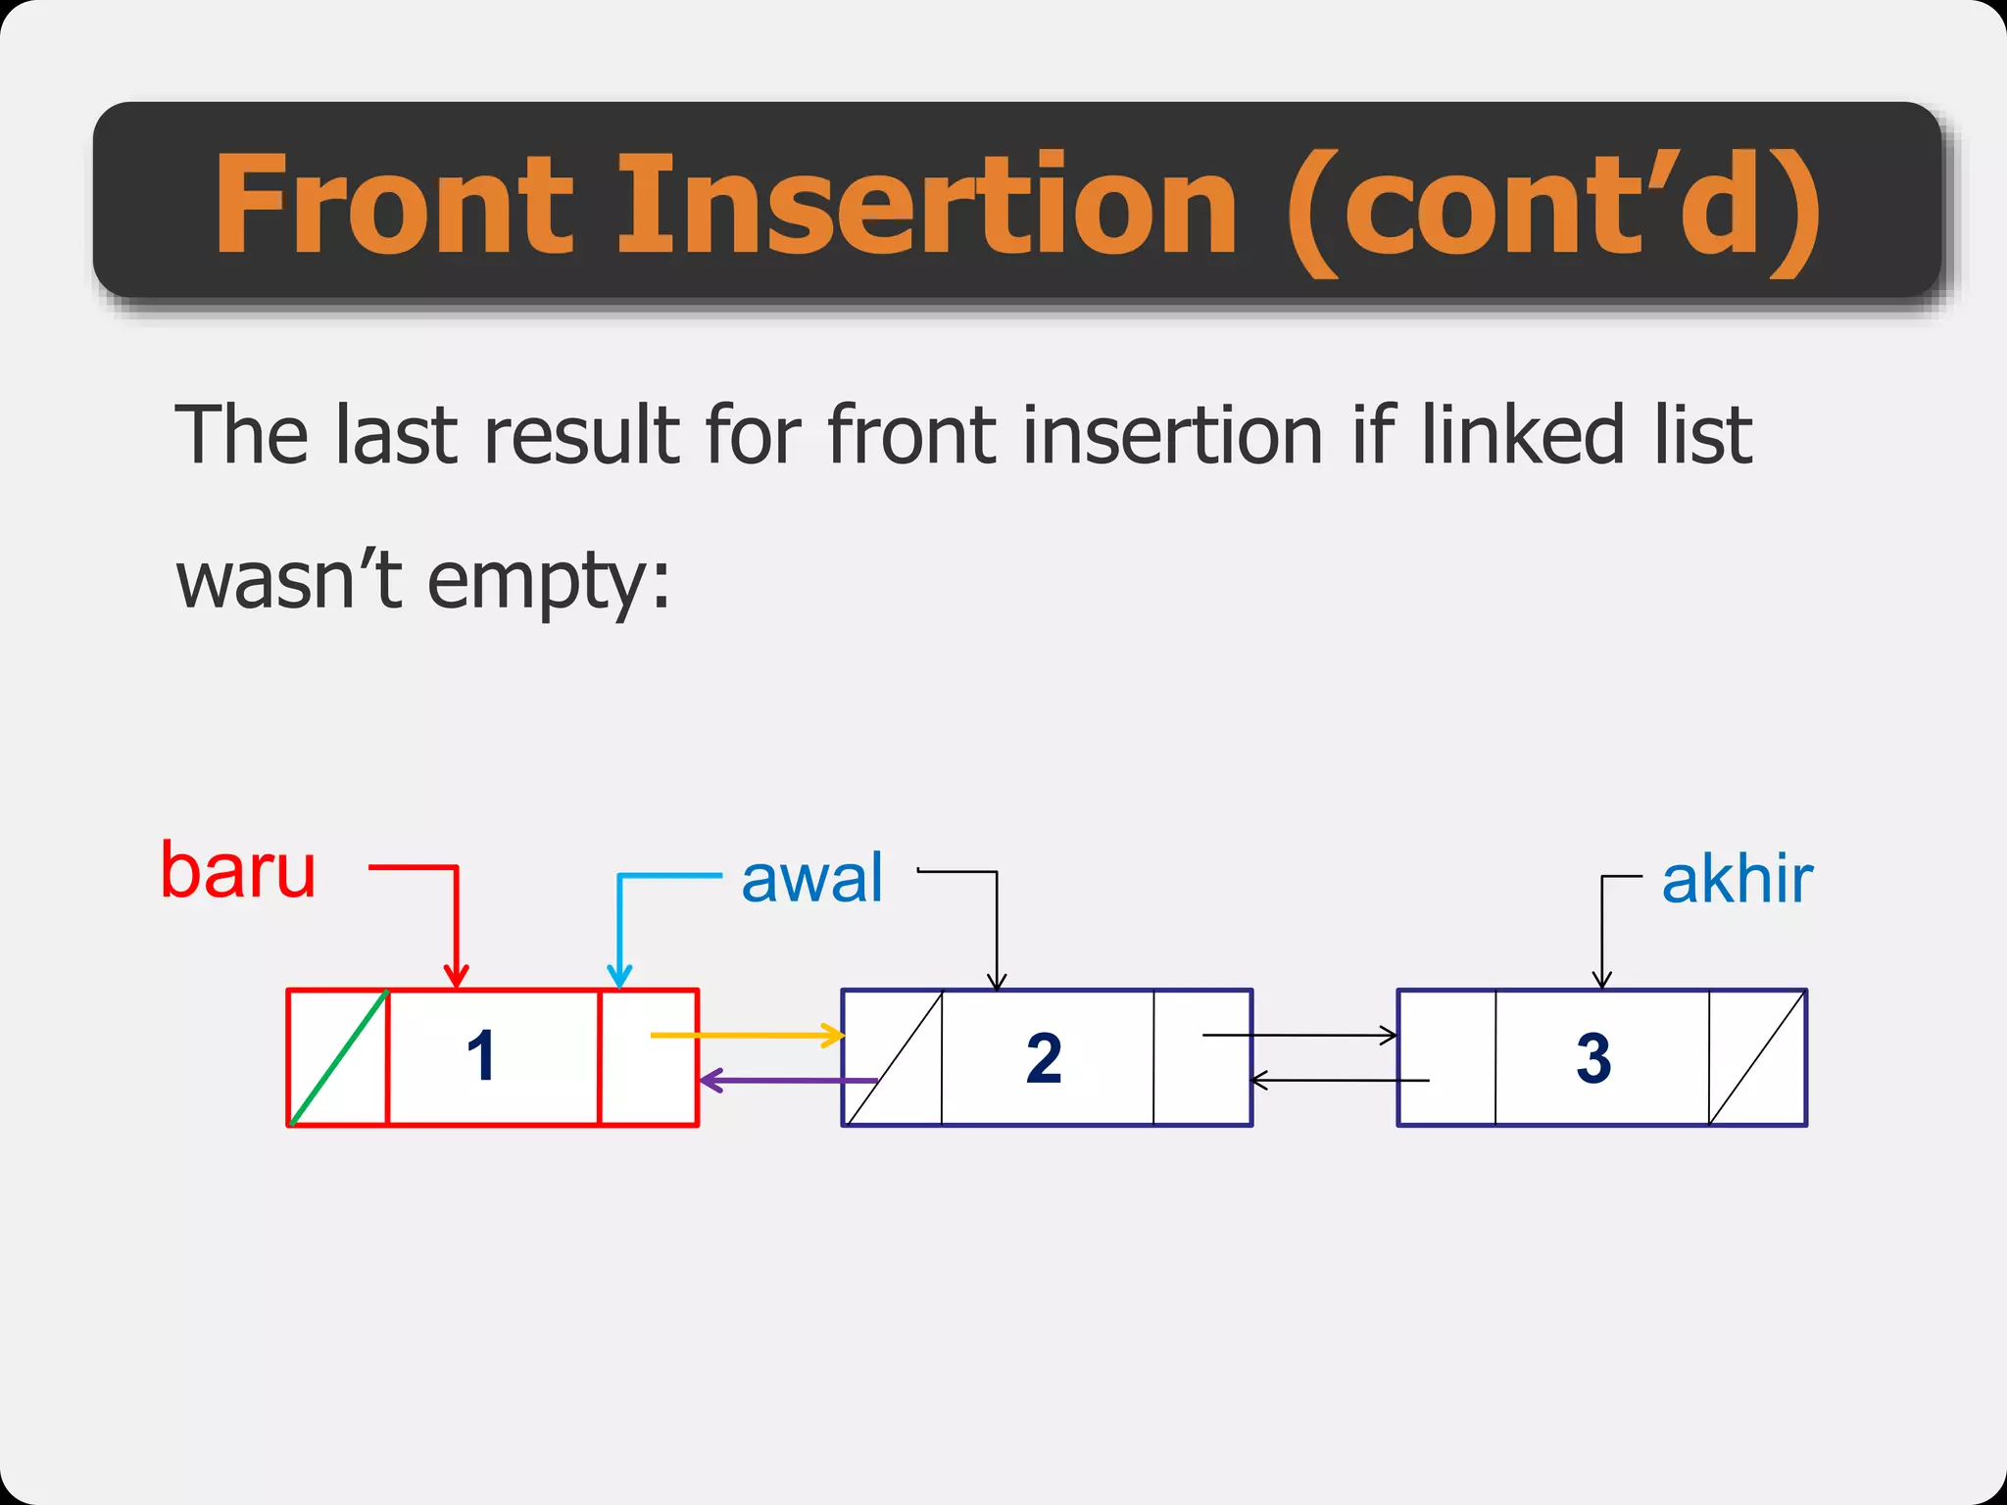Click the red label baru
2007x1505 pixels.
pyautogui.click(x=238, y=870)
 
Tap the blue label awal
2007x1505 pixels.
pyautogui.click(x=811, y=878)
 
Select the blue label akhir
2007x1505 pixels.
pyautogui.click(x=1737, y=879)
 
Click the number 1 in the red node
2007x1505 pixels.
pyautogui.click(x=481, y=1056)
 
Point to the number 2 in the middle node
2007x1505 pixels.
pyautogui.click(x=1044, y=1058)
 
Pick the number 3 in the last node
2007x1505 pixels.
pyautogui.click(x=1593, y=1058)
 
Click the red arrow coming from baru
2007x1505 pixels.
pyautogui.click(x=456, y=921)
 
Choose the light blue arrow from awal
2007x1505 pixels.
pyautogui.click(x=619, y=921)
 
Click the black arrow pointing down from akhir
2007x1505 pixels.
pyautogui.click(x=1602, y=931)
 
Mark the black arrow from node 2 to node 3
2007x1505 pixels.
pyautogui.click(x=1299, y=1035)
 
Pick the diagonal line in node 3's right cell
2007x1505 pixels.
pyautogui.click(x=1757, y=1057)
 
